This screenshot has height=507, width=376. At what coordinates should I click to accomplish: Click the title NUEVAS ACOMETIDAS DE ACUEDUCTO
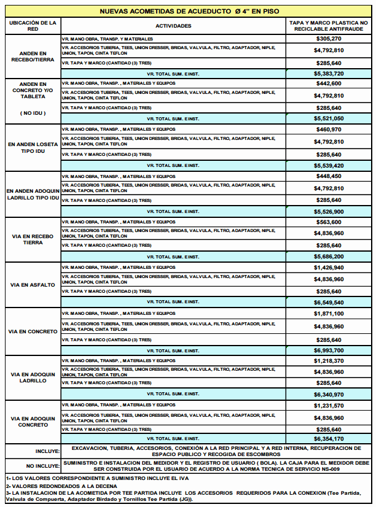(x=188, y=11)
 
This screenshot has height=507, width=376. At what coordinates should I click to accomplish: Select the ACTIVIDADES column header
(x=173, y=26)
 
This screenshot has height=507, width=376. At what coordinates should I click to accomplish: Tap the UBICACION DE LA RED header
(x=33, y=26)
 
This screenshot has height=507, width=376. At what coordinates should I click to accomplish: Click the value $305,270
(x=329, y=39)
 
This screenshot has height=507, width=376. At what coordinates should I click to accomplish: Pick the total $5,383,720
(x=329, y=73)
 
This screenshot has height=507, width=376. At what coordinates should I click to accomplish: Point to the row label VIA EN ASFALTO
(x=33, y=285)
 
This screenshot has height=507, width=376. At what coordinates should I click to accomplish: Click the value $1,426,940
(x=329, y=268)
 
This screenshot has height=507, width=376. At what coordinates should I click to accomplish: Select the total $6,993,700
(x=329, y=350)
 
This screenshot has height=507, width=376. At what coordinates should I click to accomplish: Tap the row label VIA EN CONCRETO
(x=33, y=331)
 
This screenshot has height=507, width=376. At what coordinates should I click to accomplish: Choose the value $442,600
(x=329, y=83)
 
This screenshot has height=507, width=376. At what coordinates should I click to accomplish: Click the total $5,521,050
(x=329, y=118)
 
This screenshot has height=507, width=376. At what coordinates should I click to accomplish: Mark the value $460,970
(x=329, y=130)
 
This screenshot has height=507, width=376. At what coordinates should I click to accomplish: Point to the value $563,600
(x=329, y=222)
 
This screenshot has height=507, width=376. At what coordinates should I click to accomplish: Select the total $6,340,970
(x=329, y=395)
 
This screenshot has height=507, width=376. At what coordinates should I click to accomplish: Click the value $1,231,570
(x=329, y=406)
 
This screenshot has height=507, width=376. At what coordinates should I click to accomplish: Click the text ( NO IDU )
(x=33, y=113)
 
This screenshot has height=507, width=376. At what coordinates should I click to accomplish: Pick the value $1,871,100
(x=329, y=314)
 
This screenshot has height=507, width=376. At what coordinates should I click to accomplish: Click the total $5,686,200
(x=329, y=257)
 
